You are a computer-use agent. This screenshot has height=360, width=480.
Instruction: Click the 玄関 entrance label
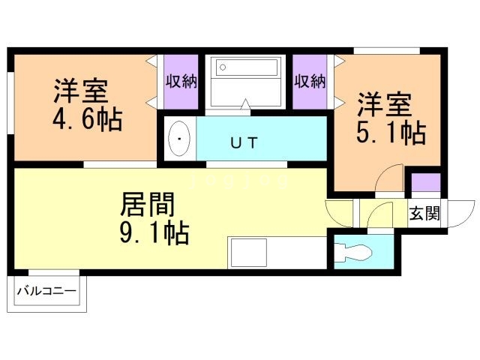coord(424,213)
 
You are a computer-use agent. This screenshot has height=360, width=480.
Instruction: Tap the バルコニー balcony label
coord(46,290)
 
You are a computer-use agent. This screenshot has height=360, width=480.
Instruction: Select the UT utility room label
coord(244,142)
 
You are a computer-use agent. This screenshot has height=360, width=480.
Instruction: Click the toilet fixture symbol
coord(353,253)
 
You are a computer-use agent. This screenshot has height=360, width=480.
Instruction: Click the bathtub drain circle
coord(223,67)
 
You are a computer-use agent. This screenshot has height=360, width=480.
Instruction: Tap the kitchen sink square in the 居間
coord(249,253)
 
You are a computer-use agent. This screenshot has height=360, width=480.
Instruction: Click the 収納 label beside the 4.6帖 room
coord(181,82)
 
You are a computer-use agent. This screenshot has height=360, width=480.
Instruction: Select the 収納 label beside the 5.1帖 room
coord(310,82)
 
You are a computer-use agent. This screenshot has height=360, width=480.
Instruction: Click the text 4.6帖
coord(88,120)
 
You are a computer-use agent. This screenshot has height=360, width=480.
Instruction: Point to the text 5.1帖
coord(391,133)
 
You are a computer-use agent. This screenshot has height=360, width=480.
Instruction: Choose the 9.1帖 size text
coord(154,233)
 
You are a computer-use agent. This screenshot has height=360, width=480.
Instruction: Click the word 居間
coord(148,204)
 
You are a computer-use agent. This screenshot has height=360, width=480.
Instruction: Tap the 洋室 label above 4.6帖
coord(81,91)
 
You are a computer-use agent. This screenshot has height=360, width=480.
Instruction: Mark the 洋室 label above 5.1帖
coord(385,104)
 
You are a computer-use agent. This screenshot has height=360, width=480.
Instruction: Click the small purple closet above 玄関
coord(425,182)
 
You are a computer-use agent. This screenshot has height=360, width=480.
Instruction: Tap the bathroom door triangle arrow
coord(245,104)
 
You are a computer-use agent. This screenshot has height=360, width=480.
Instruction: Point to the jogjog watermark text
coord(239,181)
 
